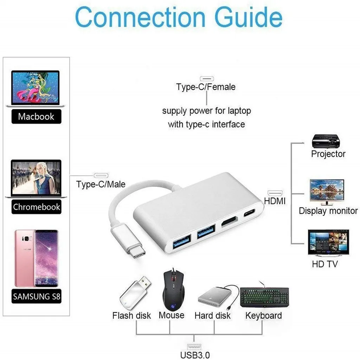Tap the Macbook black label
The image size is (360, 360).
[36, 116]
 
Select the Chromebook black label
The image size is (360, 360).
[37, 207]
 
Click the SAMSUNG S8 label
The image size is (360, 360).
[37, 297]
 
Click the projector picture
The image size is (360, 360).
[326, 141]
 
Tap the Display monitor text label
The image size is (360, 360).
[328, 211]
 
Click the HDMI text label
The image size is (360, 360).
[275, 201]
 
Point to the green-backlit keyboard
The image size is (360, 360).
[264, 296]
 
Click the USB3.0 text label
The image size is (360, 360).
[195, 355]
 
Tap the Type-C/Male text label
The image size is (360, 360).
[101, 184]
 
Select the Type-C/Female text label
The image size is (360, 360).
[206, 86]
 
